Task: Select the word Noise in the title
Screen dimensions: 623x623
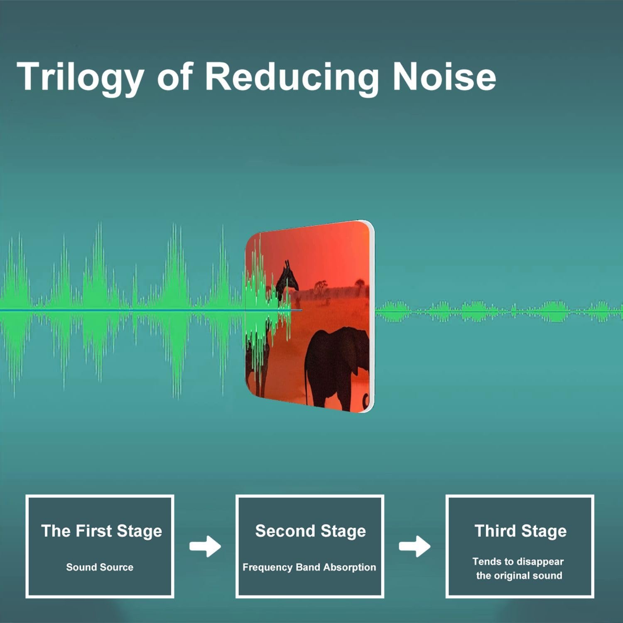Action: click(444, 76)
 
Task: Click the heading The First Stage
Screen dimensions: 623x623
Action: click(101, 531)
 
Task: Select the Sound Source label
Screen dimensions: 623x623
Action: click(100, 567)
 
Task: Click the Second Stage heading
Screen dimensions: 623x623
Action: click(310, 531)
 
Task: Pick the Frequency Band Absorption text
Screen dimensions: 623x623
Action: click(309, 567)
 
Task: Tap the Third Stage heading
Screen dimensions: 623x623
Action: click(520, 531)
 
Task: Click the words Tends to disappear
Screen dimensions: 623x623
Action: click(518, 562)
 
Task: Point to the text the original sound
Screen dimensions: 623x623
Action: click(519, 576)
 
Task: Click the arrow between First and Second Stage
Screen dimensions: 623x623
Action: click(205, 546)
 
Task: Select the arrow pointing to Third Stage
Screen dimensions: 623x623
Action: click(415, 546)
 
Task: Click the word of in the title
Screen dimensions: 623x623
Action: click(175, 76)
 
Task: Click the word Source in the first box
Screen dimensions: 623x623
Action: click(117, 567)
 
